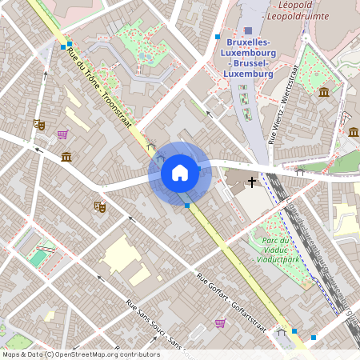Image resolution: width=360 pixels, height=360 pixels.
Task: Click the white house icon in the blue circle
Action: point(180,172)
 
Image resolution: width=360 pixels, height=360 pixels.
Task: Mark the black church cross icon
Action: point(252,182)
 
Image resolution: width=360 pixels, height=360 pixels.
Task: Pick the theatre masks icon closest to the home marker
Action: point(100,206)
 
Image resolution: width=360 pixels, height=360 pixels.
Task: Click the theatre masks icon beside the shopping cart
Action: point(38,124)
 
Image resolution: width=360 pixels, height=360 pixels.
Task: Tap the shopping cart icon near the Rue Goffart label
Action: point(219,323)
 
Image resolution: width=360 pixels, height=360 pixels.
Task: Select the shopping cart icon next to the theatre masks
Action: point(62,134)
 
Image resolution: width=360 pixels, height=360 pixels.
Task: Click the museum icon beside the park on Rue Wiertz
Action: point(324,93)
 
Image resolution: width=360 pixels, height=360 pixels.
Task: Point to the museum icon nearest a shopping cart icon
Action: point(66,156)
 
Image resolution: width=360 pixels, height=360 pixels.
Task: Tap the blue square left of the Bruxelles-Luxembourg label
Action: point(218,38)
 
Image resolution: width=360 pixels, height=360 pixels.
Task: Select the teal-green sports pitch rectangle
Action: point(37,258)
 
